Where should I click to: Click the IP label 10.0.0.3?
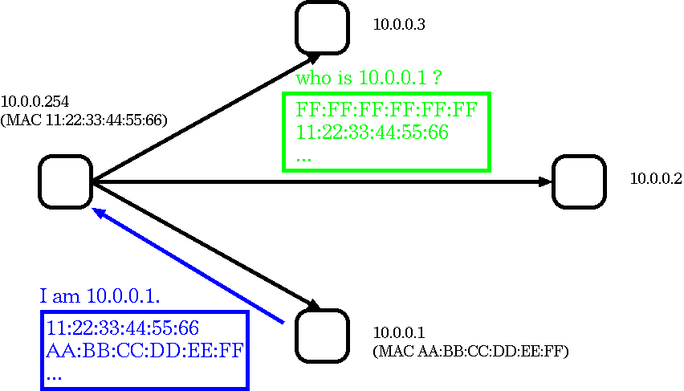point(399,25)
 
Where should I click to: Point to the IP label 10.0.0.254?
point(35,102)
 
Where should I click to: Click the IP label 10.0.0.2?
point(656,178)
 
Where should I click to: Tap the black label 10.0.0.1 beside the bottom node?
point(399,333)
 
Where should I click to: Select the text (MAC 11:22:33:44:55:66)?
point(84,120)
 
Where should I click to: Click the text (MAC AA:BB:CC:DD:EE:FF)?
point(471,352)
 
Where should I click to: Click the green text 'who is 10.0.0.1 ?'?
point(369,78)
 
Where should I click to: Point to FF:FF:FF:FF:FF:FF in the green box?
point(386,109)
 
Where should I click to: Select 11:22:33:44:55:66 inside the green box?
point(372,132)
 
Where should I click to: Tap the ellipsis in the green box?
point(303,159)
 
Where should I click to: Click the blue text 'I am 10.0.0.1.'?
point(100,296)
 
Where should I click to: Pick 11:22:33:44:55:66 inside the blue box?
point(123,328)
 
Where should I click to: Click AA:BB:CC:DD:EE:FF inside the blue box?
point(145,350)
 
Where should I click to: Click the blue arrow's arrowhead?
point(100,213)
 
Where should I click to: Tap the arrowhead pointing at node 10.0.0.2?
point(546,182)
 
